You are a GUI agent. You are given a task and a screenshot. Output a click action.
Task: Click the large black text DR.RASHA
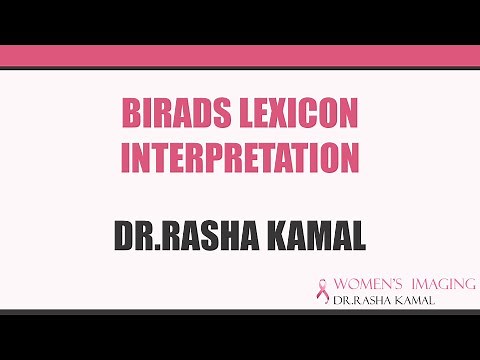point(176,236)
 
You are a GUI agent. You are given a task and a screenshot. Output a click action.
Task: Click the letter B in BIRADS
point(129,114)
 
